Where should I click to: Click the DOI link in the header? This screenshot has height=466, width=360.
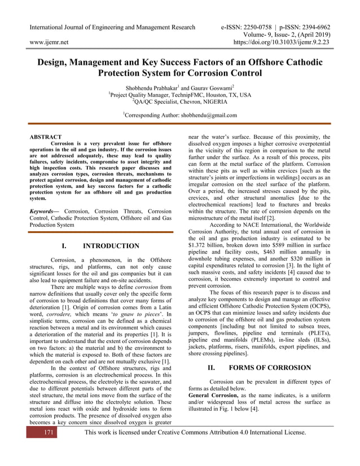282,42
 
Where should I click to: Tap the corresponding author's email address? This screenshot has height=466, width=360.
209,115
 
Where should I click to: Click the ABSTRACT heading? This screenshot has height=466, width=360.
45,137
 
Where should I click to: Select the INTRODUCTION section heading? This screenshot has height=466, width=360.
111,246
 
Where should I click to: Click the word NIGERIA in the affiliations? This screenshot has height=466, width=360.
212,102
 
